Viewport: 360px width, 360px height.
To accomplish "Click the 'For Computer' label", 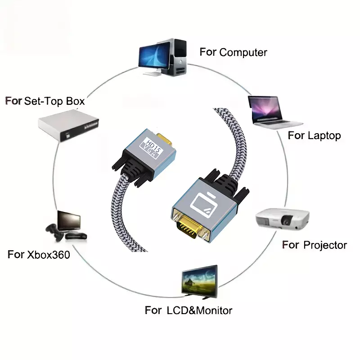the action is (x=233, y=52).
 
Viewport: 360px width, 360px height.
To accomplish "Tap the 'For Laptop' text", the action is (x=314, y=135).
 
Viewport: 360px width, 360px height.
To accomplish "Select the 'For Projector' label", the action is (x=315, y=245).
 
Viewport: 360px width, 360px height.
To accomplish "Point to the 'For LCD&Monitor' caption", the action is (x=189, y=310).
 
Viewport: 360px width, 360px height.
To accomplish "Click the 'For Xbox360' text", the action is (x=39, y=255).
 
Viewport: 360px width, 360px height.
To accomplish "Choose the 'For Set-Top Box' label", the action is (x=45, y=101).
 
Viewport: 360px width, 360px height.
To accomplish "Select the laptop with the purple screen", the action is (x=274, y=112).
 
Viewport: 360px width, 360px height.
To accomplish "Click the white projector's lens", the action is (x=286, y=220).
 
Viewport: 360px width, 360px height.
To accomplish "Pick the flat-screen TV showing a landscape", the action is (x=200, y=282).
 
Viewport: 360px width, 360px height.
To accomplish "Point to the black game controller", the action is (x=54, y=232).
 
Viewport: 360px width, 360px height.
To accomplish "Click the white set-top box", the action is (x=68, y=126).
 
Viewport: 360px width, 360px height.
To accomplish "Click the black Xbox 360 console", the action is (x=76, y=235).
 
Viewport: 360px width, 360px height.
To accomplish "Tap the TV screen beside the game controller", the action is (x=69, y=221).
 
